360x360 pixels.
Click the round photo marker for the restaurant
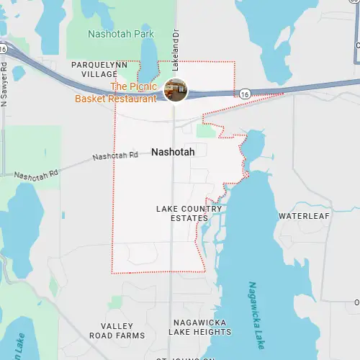click(176, 89)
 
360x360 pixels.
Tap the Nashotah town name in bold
click(173, 153)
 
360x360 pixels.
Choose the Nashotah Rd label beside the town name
click(115, 156)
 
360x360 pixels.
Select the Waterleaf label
click(304, 216)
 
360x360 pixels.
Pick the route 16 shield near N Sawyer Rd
click(4, 49)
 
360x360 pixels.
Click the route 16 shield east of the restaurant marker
click(245, 94)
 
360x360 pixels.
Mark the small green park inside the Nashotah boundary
click(207, 130)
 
